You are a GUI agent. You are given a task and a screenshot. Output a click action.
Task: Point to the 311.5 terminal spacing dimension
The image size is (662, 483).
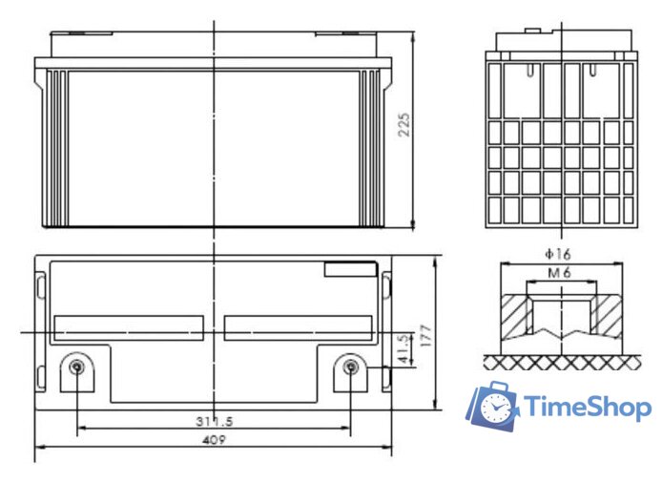(x=214, y=420)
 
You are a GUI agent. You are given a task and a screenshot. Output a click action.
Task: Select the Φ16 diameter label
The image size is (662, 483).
(x=557, y=255)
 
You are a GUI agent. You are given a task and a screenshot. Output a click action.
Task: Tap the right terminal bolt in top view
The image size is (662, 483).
(x=351, y=368)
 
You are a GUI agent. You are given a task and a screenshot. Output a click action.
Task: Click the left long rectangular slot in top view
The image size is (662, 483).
(x=130, y=328)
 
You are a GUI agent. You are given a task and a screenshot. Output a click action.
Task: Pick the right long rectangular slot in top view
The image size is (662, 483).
(x=298, y=328)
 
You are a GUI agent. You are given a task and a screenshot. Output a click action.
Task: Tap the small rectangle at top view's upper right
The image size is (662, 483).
(x=350, y=269)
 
